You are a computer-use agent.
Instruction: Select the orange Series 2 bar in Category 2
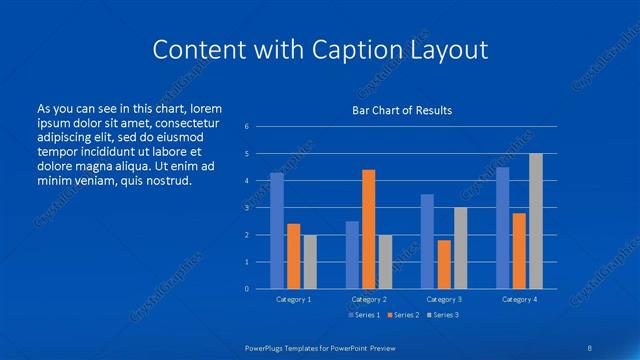(369, 229)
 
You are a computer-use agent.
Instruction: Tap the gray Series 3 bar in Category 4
(535, 221)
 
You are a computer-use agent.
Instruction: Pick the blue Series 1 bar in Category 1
(277, 231)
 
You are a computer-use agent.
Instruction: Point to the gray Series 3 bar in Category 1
(310, 262)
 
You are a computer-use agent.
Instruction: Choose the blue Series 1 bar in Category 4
(502, 228)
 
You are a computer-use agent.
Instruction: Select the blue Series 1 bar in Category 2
(352, 255)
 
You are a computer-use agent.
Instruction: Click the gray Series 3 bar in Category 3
(460, 248)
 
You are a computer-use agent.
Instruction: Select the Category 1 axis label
(294, 299)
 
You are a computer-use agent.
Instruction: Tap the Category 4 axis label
(518, 299)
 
